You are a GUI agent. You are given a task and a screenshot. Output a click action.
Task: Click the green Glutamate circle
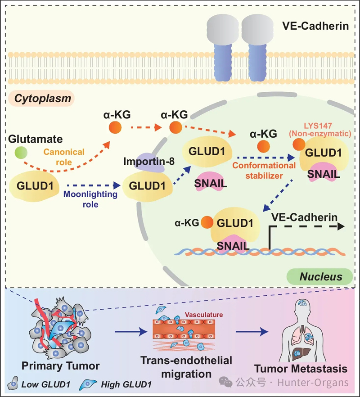click(21, 153)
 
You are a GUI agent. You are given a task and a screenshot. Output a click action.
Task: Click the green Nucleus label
click(320, 276)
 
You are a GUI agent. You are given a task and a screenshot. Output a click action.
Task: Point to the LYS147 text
click(318, 126)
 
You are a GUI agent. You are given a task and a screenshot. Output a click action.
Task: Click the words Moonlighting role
click(90, 199)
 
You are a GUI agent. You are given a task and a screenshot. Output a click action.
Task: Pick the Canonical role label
click(64, 157)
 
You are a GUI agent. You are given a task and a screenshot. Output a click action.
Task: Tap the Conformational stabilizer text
click(264, 171)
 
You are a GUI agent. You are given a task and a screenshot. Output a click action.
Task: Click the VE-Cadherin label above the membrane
click(315, 26)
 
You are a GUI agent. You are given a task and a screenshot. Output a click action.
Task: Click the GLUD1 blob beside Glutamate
click(34, 186)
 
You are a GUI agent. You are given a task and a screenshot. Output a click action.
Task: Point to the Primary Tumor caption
click(60, 366)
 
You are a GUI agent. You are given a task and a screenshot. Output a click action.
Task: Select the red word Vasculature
click(204, 315)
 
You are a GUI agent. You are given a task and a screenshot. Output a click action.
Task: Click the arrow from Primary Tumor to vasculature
click(131, 331)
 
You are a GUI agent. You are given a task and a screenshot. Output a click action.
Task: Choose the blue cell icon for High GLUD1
click(88, 384)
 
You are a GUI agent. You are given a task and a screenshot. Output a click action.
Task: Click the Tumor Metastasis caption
click(301, 369)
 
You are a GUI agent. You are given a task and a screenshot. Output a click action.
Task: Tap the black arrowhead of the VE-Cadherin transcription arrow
click(341, 226)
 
